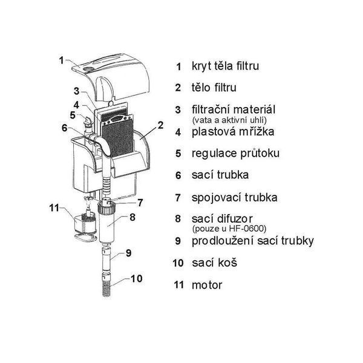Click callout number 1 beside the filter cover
point(61,60)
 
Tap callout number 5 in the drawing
point(73,115)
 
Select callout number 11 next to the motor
point(54,208)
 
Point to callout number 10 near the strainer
point(136,278)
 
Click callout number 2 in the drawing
point(160,125)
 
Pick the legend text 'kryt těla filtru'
point(225,66)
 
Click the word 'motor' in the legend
point(207,285)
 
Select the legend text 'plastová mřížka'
point(233,132)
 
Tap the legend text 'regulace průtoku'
point(236,154)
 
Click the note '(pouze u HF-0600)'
point(229,229)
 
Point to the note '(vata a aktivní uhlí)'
point(229,120)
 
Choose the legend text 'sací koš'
point(214,263)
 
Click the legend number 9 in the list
point(178,241)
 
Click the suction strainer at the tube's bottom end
point(106,285)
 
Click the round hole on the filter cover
point(88,69)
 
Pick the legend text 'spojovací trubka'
point(235,198)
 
